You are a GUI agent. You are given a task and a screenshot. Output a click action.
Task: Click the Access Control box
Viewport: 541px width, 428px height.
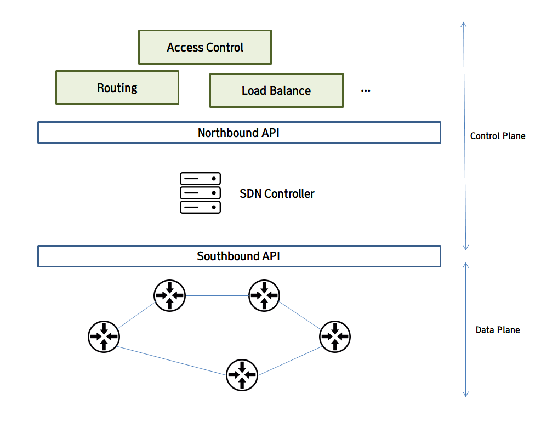click(204, 47)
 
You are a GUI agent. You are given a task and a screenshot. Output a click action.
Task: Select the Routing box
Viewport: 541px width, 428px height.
click(117, 87)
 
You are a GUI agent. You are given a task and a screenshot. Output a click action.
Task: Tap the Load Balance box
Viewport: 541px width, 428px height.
click(276, 90)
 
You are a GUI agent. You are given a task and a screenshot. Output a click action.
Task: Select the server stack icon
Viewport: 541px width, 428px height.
click(200, 193)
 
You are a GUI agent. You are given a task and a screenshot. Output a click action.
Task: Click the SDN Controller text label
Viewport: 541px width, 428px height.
click(277, 193)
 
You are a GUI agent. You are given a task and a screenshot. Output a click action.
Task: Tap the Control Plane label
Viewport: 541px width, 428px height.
click(498, 136)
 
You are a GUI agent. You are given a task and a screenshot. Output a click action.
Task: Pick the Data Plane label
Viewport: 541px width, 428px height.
click(498, 330)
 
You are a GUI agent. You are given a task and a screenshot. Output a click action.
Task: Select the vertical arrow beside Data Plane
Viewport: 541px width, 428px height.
click(465, 329)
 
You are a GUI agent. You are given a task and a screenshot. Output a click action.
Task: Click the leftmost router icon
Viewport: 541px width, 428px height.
click(104, 336)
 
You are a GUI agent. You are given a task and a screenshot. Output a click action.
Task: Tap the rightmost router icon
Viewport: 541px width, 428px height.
click(335, 336)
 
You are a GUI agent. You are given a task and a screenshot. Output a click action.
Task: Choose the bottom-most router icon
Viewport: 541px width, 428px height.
click(242, 375)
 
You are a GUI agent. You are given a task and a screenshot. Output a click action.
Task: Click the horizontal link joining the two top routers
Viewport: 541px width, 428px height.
click(217, 295)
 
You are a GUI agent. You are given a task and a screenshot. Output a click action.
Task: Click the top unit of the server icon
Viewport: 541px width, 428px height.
click(200, 179)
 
